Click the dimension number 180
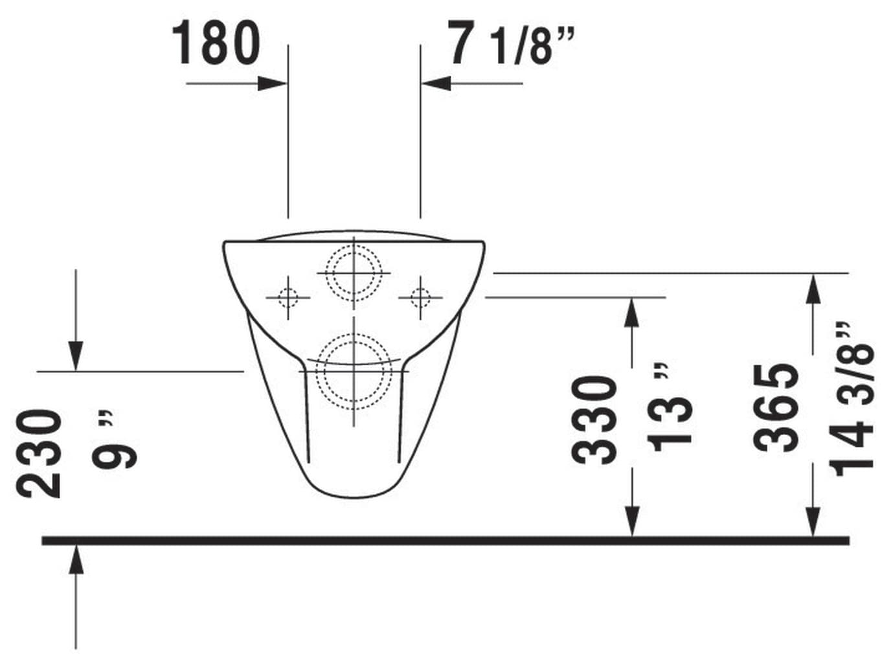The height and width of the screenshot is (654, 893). coord(216,43)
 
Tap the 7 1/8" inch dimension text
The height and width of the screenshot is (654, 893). coord(512,43)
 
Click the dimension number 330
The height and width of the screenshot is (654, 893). coord(594,420)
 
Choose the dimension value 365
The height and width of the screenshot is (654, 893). coord(775,408)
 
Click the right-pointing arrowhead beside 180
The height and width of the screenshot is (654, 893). coord(272,84)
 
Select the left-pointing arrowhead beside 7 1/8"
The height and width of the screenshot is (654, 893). coord(436,84)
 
